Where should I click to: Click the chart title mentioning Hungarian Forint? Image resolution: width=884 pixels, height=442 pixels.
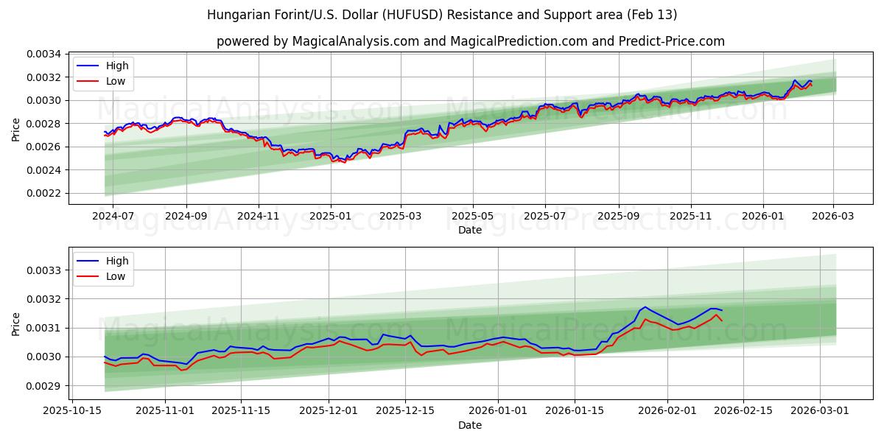click(x=442, y=15)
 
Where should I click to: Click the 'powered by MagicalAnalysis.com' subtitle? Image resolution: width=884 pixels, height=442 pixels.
click(x=470, y=41)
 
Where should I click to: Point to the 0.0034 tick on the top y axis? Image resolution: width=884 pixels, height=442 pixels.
click(x=44, y=54)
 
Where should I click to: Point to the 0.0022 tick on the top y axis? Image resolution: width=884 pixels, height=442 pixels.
click(x=44, y=193)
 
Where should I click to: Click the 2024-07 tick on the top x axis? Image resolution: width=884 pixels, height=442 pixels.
click(x=113, y=216)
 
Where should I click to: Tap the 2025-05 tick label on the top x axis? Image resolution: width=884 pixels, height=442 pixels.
click(x=472, y=216)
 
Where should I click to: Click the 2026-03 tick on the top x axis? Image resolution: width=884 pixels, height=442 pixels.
click(x=833, y=216)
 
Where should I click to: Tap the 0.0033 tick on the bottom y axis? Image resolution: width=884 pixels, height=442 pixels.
click(x=44, y=270)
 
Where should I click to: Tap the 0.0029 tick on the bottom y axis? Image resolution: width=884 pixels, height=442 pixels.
click(x=44, y=385)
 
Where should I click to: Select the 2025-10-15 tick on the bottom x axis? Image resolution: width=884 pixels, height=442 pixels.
click(x=71, y=411)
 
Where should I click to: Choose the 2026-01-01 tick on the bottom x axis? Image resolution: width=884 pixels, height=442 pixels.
click(x=499, y=411)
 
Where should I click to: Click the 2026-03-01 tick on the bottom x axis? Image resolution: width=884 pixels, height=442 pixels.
click(x=820, y=411)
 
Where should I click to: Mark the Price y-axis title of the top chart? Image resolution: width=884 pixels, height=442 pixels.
click(x=16, y=129)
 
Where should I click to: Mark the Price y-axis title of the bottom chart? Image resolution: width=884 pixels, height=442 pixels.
click(x=16, y=323)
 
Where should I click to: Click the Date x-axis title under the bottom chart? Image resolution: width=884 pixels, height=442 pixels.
click(x=470, y=425)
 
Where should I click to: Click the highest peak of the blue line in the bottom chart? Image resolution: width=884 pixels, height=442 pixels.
click(x=645, y=307)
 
